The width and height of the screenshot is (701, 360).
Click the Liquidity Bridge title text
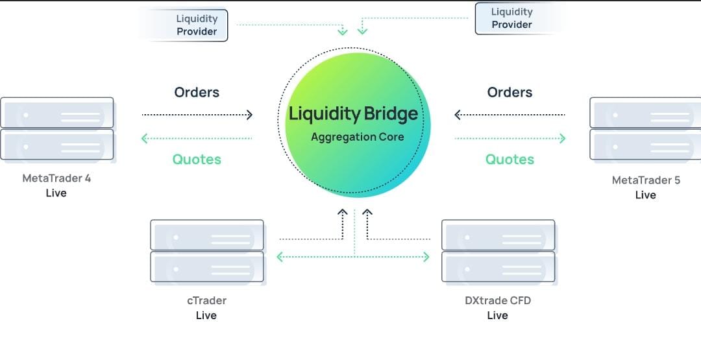point(354,115)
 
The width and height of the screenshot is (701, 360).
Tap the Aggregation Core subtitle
point(357,137)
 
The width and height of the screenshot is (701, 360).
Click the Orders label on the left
point(197,92)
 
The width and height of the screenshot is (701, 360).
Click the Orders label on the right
point(510,92)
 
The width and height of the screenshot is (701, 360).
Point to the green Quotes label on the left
point(197,159)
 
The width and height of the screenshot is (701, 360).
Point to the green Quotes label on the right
point(510,159)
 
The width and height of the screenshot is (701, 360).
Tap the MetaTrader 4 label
point(56,178)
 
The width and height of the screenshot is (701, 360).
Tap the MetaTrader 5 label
point(646,180)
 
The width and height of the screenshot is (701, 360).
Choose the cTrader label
point(206,300)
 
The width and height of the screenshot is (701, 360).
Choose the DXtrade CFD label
point(497,300)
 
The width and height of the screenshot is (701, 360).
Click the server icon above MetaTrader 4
point(57,128)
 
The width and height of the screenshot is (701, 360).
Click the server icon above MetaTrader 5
point(645,128)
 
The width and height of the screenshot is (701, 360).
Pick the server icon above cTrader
point(207,250)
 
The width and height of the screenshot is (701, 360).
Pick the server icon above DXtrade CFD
point(498,250)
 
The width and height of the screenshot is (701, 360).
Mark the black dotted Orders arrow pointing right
point(197,115)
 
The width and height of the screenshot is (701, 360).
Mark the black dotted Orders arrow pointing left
point(510,115)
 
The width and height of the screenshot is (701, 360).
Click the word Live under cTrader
point(206,315)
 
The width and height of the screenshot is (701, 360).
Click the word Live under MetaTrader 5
point(646,195)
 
